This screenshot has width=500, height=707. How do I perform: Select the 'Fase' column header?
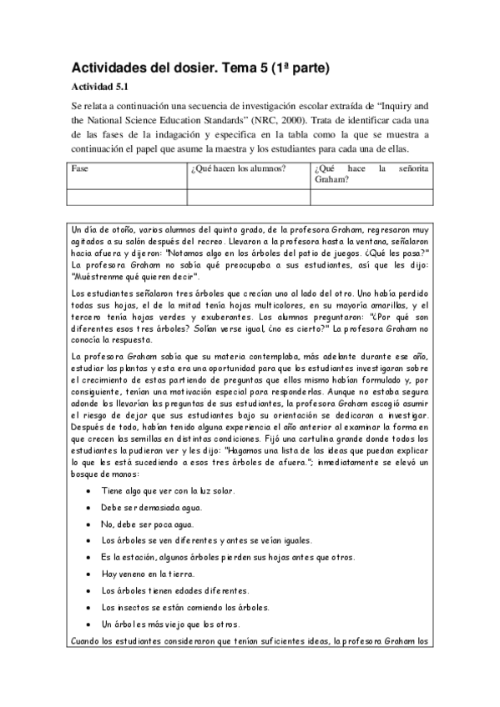pyautogui.click(x=80, y=168)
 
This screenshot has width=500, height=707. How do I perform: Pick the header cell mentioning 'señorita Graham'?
pyautogui.click(x=371, y=173)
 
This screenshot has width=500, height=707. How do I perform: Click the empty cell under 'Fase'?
pyautogui.click(x=127, y=198)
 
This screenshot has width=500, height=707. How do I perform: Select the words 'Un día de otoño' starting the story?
pyautogui.click(x=102, y=228)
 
